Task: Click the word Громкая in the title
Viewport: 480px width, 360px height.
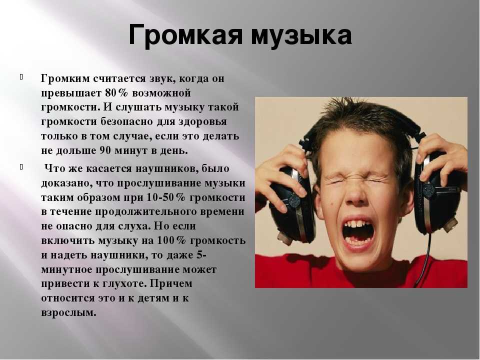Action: [186, 34]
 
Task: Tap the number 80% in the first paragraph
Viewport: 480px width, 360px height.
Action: [116, 93]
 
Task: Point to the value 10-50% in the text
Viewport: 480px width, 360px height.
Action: [165, 197]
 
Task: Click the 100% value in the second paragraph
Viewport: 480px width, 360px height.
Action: [171, 240]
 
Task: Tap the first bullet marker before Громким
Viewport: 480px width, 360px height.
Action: [21, 76]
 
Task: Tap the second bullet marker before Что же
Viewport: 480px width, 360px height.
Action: [21, 167]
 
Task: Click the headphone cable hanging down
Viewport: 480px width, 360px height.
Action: [426, 257]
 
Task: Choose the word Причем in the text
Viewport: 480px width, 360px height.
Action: [171, 284]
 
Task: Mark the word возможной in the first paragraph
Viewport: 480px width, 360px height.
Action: [161, 93]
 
